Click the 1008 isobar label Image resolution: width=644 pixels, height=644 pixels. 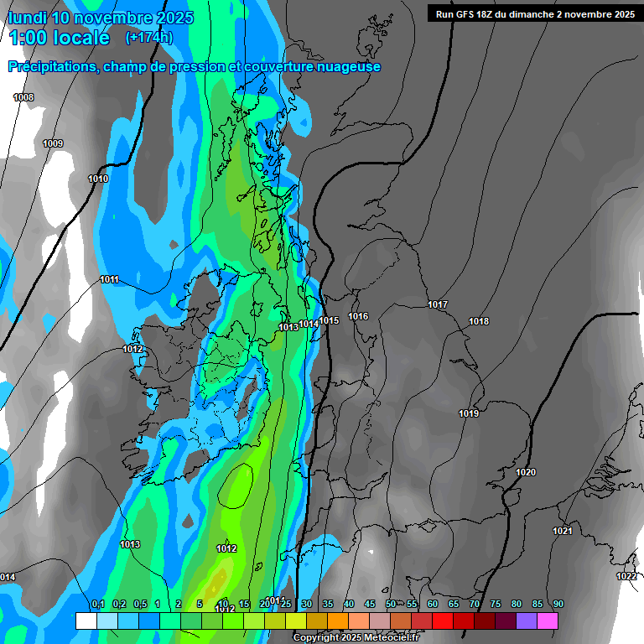click(x=23, y=98)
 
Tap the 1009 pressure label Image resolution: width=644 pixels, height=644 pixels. click(x=53, y=144)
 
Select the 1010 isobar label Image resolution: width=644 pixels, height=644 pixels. click(x=98, y=179)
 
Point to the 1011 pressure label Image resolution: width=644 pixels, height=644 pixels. click(x=109, y=279)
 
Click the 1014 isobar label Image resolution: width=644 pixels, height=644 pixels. click(x=309, y=324)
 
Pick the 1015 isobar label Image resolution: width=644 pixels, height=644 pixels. click(x=329, y=320)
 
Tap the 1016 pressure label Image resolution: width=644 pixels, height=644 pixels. click(x=358, y=316)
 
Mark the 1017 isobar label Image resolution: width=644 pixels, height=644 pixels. click(x=438, y=304)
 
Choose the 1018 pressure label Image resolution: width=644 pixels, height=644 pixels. click(x=479, y=321)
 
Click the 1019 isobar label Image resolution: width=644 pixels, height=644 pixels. click(x=469, y=413)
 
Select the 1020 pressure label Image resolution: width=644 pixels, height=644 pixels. click(x=526, y=472)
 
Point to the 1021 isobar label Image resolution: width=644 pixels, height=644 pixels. click(x=563, y=531)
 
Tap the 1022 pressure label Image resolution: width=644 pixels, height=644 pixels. click(x=626, y=576)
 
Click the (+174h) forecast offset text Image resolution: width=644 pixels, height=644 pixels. click(x=148, y=38)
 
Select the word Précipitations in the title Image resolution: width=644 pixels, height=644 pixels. click(x=50, y=67)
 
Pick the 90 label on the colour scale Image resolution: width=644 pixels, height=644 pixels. click(x=558, y=604)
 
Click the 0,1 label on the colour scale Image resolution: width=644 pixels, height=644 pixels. click(x=98, y=604)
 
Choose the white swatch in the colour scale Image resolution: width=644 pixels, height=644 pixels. click(x=86, y=621)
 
